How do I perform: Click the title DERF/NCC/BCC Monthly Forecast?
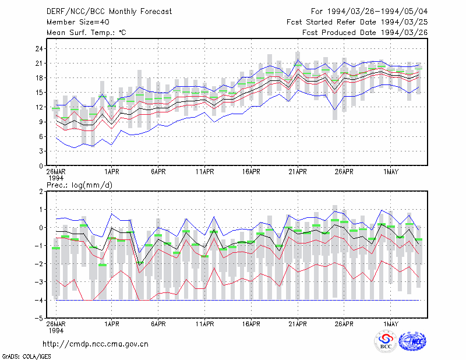point(109,12)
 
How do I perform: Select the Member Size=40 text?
point(78,22)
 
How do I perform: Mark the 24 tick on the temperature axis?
point(39,49)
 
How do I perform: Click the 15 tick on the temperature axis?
point(39,93)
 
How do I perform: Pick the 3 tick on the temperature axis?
point(41,151)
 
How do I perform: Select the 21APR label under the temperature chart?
point(298,172)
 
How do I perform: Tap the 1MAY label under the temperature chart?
point(390,172)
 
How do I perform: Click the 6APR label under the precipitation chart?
point(158,324)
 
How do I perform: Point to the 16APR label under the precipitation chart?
point(251,324)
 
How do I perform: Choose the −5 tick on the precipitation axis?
point(39,318)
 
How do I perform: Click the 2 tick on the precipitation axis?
point(41,192)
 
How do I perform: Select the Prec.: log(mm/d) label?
point(79,185)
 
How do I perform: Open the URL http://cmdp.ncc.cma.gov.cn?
point(96,344)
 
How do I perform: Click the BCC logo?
point(386,341)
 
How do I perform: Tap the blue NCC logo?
point(412,341)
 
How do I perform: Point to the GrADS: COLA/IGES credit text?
point(27,357)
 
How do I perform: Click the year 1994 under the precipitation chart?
point(56,330)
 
